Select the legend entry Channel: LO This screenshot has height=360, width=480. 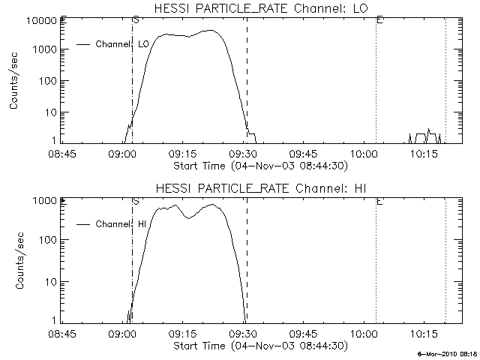122,44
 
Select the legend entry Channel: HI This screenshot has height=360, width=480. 120,223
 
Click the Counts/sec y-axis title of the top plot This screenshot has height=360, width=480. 15,80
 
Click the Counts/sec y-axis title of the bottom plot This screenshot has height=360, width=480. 15,260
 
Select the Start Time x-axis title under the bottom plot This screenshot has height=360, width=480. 259,346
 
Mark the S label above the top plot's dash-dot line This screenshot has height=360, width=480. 135,19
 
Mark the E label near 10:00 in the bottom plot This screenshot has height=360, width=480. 379,201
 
